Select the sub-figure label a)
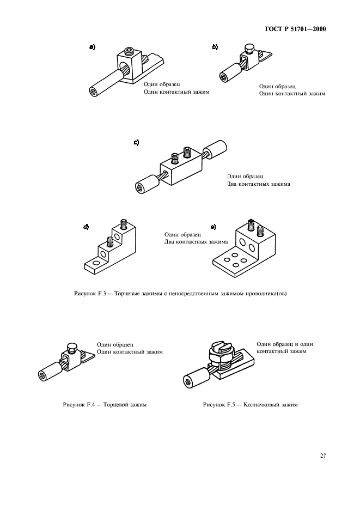[x=93, y=47]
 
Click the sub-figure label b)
[x=215, y=47]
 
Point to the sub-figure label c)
[x=136, y=142]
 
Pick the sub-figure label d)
[x=86, y=227]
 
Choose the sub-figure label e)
[x=213, y=227]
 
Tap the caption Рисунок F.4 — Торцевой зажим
[x=105, y=405]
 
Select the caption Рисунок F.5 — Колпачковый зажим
[x=250, y=405]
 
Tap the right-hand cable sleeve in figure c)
[x=217, y=149]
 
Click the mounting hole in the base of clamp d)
[x=96, y=264]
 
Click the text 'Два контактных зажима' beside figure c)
[x=258, y=184]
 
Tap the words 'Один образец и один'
[x=284, y=344]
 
